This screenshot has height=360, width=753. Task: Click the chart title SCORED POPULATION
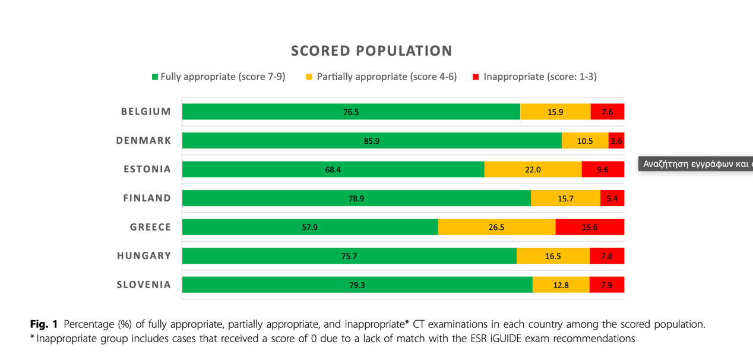pyautogui.click(x=371, y=51)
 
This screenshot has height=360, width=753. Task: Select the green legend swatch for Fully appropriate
pyautogui.click(x=156, y=77)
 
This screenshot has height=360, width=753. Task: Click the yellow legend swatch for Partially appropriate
pyautogui.click(x=309, y=77)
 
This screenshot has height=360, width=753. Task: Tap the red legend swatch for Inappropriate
pyautogui.click(x=476, y=77)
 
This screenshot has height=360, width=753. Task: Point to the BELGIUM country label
pyautogui.click(x=146, y=112)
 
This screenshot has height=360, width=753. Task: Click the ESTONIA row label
pyautogui.click(x=147, y=169)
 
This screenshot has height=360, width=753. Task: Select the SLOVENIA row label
pyautogui.click(x=144, y=285)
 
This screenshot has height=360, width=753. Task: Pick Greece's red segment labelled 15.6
pyautogui.click(x=590, y=227)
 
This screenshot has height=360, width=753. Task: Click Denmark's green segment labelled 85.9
pyautogui.click(x=372, y=141)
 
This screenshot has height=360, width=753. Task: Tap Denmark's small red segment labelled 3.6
pyautogui.click(x=616, y=141)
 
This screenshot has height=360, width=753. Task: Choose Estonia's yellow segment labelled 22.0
pyautogui.click(x=533, y=169)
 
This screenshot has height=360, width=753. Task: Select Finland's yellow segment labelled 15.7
pyautogui.click(x=565, y=198)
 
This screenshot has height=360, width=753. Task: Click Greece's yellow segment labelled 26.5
pyautogui.click(x=496, y=227)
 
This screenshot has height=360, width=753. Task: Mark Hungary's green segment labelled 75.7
pyautogui.click(x=349, y=256)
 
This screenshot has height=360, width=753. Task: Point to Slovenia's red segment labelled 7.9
pyautogui.click(x=606, y=285)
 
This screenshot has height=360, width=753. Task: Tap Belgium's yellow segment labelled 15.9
pyautogui.click(x=555, y=112)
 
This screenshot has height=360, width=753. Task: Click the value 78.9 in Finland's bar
pyautogui.click(x=356, y=198)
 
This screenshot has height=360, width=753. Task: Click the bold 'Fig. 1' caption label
pyautogui.click(x=44, y=324)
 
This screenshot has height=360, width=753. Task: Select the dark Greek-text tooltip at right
pyautogui.click(x=695, y=164)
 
